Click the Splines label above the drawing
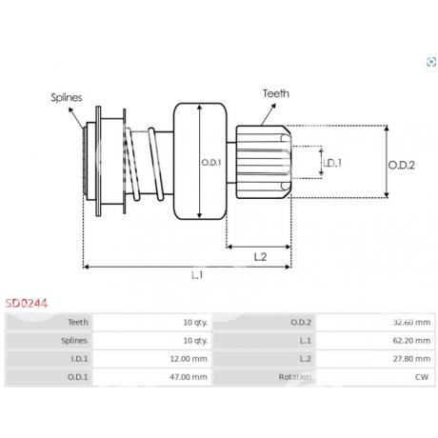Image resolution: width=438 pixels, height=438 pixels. pos(67,97)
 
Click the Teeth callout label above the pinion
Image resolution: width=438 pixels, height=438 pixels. pos(276,93)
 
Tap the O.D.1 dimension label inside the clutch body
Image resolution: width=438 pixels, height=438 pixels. pos(211,163)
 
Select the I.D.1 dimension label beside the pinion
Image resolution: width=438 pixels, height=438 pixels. pos(332,163)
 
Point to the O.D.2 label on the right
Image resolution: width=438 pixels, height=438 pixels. pos(402,165)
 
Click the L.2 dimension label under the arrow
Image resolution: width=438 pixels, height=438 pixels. pos(260,257)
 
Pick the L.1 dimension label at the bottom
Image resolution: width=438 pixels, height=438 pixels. pos(197,275)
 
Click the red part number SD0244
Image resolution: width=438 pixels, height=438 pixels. pos(27,304)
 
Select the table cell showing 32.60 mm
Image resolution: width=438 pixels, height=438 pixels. pos(375,323)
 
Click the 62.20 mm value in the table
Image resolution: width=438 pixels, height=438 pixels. pos(375,341)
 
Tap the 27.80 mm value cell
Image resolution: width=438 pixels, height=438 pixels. pos(375,359)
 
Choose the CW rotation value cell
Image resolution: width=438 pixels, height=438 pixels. pos(375,377)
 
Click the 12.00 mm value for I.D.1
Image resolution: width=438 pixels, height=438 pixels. pos(152,359)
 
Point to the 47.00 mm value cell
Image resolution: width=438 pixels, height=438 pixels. pos(152,377)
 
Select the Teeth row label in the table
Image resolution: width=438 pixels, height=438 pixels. pos(78,323)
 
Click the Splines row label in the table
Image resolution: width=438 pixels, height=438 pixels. pos(74,341)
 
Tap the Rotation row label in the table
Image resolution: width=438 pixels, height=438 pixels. pos(295,377)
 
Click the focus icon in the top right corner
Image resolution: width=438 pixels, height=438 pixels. pos(431,62)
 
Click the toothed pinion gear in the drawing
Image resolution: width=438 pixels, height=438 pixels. pos(263,162)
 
